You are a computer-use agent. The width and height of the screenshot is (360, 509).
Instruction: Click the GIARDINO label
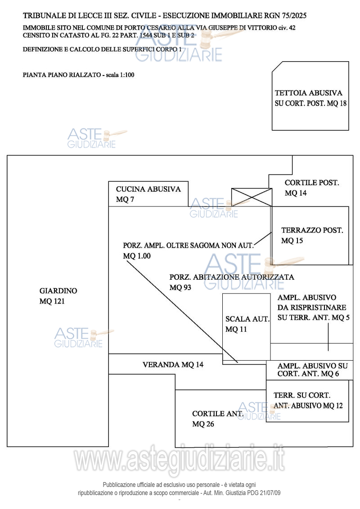[x=58, y=291]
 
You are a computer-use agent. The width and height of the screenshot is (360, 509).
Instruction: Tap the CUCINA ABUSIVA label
[x=148, y=189]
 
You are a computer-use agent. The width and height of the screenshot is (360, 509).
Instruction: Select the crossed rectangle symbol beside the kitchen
[x=252, y=197]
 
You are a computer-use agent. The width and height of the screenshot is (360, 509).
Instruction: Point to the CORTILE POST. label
[x=312, y=183]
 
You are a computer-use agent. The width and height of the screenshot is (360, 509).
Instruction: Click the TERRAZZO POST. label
[x=312, y=231]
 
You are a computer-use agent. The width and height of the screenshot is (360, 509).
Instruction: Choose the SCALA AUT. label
[x=247, y=319]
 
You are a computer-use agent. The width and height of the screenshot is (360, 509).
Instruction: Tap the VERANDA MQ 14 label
[x=173, y=365]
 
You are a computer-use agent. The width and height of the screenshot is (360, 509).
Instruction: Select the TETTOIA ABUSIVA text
[x=309, y=94]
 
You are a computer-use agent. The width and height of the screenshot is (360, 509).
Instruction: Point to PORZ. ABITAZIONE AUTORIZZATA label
[x=232, y=277]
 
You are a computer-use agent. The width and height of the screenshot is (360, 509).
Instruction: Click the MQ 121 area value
[x=52, y=302]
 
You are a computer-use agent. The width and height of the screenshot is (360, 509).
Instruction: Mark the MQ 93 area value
[x=180, y=287]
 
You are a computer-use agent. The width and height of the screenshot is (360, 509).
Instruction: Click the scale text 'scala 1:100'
[x=120, y=75]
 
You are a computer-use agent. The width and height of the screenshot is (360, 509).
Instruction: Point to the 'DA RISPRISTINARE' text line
[x=312, y=308]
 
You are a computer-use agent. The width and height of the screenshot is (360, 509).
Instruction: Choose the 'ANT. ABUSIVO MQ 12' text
[x=308, y=406]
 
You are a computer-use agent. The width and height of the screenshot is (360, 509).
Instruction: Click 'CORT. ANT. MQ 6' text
[x=308, y=374]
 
